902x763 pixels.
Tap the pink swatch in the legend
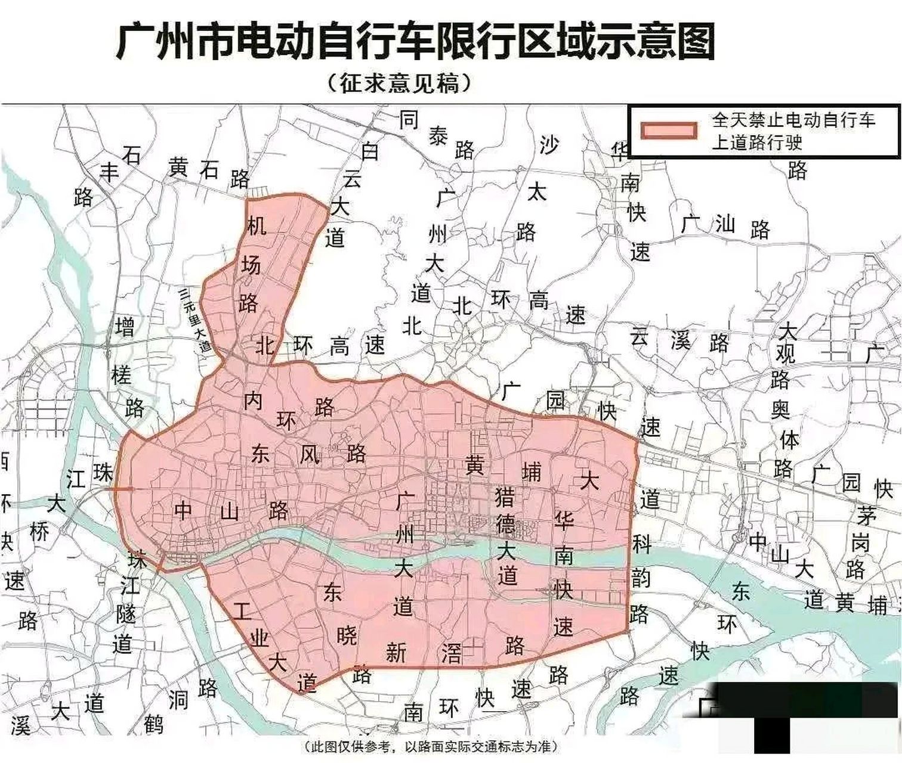click(668, 131)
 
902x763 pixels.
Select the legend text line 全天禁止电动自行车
click(793, 120)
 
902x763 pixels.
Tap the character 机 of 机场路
click(257, 225)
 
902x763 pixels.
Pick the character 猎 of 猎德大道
click(505, 496)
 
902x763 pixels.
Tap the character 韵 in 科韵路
click(640, 578)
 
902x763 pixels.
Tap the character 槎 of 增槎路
click(121, 376)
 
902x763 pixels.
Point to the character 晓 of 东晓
click(346, 635)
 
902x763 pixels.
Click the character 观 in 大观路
click(785, 354)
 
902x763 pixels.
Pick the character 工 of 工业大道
click(242, 611)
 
